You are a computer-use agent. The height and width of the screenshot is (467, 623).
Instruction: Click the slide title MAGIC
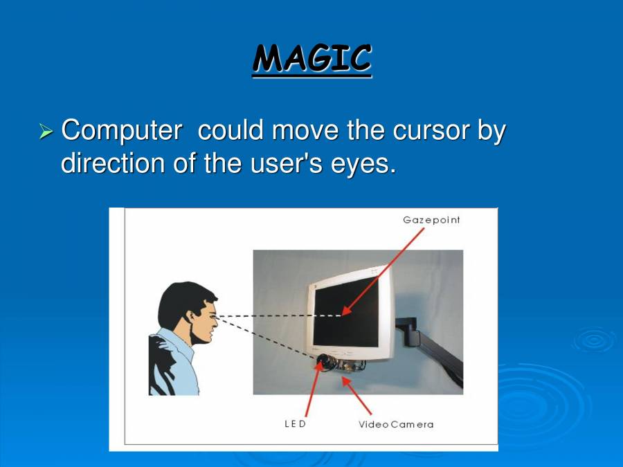311,58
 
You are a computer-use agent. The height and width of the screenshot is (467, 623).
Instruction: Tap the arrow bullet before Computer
46,130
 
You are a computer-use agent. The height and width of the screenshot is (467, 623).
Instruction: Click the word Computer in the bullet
122,130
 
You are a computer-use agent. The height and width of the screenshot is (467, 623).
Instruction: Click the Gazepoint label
431,220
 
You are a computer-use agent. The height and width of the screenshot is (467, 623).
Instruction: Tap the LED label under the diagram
295,423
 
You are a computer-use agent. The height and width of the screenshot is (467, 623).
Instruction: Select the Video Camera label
395,424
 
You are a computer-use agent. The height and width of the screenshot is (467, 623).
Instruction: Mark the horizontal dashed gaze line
277,316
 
